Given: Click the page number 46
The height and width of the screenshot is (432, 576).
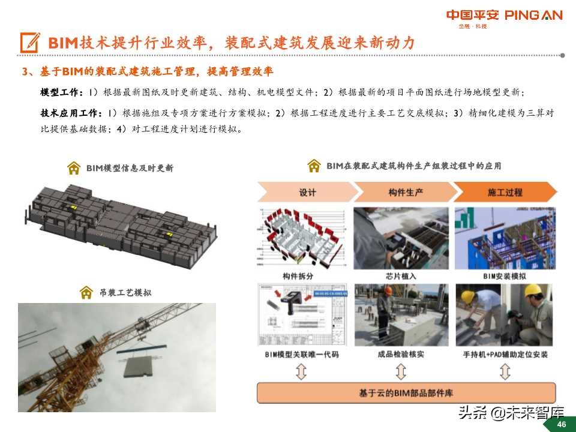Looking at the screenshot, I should point(562,424).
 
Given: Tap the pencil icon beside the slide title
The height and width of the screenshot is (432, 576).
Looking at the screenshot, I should point(30,43).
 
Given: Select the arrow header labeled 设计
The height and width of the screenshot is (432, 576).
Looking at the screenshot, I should point(307,192).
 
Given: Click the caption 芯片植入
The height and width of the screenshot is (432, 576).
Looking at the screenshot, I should point(401,276).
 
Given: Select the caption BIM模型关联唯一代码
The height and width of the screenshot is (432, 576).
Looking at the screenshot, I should point(301,355).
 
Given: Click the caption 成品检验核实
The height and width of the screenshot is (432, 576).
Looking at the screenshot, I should point(401,355).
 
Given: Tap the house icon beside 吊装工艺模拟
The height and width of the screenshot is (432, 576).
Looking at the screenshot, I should point(86,292).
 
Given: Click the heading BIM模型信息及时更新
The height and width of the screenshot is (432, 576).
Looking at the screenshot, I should point(130,168).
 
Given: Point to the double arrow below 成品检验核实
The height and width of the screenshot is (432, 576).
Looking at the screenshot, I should point(401,372).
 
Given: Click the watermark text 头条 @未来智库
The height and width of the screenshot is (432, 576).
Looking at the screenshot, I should point(511,412).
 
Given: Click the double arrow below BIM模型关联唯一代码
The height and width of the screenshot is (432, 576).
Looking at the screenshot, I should point(301,372).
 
